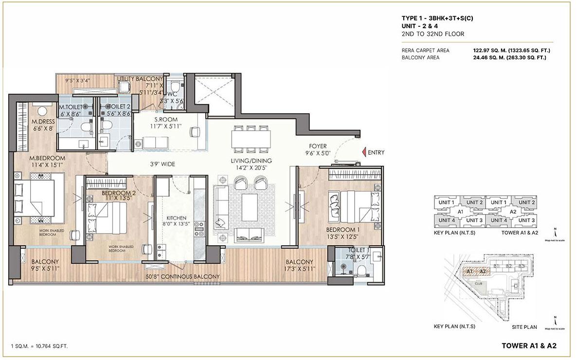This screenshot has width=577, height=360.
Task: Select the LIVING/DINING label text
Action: click(x=252, y=161)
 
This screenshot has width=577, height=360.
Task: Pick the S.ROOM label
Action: click(x=166, y=120)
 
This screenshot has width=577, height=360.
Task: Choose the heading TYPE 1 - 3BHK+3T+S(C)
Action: click(x=435, y=18)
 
